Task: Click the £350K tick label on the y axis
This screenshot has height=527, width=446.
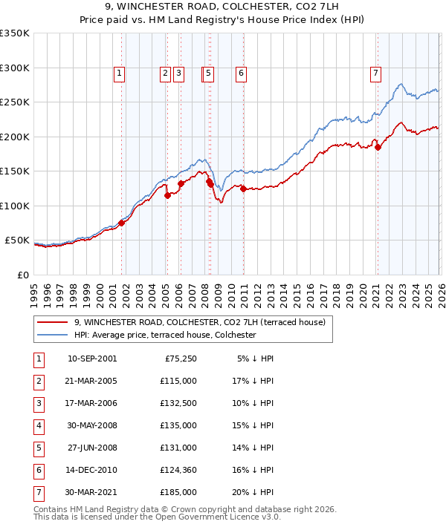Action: (15, 33)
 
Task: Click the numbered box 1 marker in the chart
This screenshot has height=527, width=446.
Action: (119, 73)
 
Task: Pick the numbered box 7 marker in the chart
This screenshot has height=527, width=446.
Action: (376, 73)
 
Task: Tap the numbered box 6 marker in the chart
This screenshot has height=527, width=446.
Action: (242, 73)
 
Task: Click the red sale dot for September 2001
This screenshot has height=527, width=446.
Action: (122, 223)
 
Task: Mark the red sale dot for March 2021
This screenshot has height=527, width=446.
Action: (378, 147)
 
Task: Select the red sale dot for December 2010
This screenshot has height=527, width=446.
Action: (243, 189)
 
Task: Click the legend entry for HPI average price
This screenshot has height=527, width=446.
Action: (164, 335)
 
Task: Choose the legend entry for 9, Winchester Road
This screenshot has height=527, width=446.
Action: (199, 322)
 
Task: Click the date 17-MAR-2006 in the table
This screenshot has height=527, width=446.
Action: (91, 404)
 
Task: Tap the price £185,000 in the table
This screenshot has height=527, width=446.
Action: (179, 491)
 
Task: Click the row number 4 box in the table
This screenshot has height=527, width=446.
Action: (37, 426)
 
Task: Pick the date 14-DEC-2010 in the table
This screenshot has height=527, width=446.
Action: (91, 469)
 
